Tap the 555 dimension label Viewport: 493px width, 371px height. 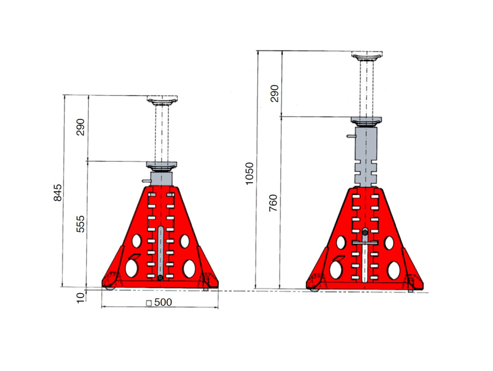pos(81,224)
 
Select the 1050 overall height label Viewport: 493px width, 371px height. pos(249,174)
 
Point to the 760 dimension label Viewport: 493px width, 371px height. pos(273,203)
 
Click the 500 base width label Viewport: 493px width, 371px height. pos(163,302)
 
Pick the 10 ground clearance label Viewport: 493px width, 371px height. pos(81,297)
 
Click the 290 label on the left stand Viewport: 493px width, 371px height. pos(81,127)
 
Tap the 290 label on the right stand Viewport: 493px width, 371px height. pos(274,94)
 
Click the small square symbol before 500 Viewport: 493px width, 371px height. pos(149,303)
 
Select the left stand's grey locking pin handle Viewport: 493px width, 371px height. pos(146,181)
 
